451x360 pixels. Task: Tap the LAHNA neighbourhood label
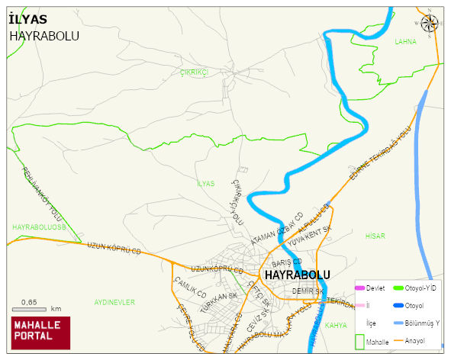405,42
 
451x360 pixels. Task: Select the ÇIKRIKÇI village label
194,72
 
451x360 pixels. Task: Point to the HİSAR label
375,236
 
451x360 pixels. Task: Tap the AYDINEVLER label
114,302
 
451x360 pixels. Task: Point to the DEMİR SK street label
308,291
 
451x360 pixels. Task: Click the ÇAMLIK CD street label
191,289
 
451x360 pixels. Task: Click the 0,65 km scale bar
35,308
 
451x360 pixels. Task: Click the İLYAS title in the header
28,19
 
